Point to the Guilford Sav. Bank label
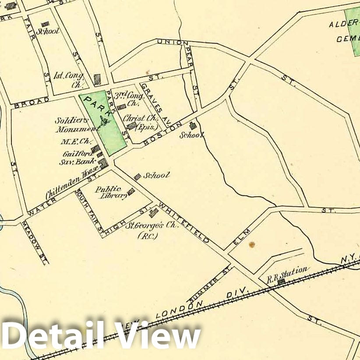click(76, 157)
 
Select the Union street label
click(169, 42)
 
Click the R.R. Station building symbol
click(281, 282)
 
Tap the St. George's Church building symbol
click(153, 213)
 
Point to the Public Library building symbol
click(131, 191)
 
